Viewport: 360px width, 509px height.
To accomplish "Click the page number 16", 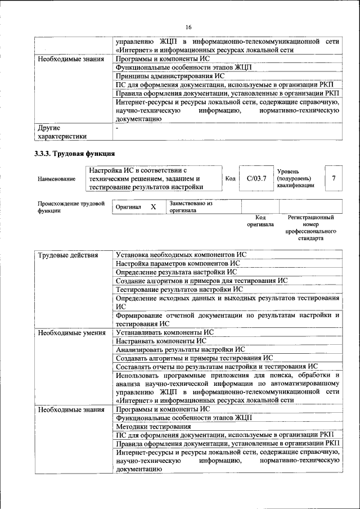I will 188,28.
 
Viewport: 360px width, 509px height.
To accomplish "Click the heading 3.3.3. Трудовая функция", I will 74,154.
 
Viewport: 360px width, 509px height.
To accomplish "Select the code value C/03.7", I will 256,179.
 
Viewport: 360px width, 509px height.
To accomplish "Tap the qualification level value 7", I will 334,178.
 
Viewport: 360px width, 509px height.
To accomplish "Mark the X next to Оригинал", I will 153,207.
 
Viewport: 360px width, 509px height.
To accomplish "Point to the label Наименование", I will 56,179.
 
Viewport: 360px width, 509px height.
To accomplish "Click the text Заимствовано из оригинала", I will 191,207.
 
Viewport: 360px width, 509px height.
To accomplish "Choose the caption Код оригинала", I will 260,220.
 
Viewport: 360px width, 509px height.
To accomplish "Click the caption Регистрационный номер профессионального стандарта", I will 310,227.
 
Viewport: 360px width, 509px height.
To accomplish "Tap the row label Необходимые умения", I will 71,332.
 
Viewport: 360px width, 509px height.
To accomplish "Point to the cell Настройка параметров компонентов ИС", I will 178,263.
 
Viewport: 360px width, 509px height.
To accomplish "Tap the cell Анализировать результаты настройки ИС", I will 180,349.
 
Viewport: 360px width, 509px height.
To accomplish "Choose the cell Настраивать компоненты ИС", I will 161,341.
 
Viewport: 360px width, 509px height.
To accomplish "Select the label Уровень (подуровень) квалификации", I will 295,178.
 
